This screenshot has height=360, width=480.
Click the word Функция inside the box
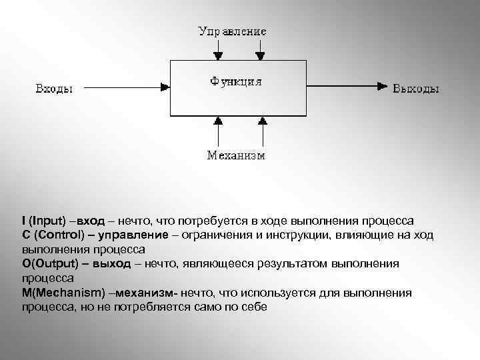coord(235,81)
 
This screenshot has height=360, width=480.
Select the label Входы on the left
coord(54,88)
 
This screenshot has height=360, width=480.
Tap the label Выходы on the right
coord(416,88)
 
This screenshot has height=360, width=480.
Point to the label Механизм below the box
coord(235,156)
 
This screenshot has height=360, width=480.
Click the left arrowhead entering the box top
coord(217,57)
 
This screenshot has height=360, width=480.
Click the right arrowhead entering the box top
coord(260,57)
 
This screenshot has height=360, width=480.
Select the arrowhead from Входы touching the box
coord(166,86)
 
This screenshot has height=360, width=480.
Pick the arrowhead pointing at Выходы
coord(383,86)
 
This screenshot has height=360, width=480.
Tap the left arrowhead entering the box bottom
coord(217,121)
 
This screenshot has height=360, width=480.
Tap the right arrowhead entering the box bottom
coord(262,121)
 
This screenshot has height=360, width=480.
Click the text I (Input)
coord(44,221)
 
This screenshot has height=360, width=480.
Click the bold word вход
coord(92,221)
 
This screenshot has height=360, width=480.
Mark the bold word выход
coord(111,263)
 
